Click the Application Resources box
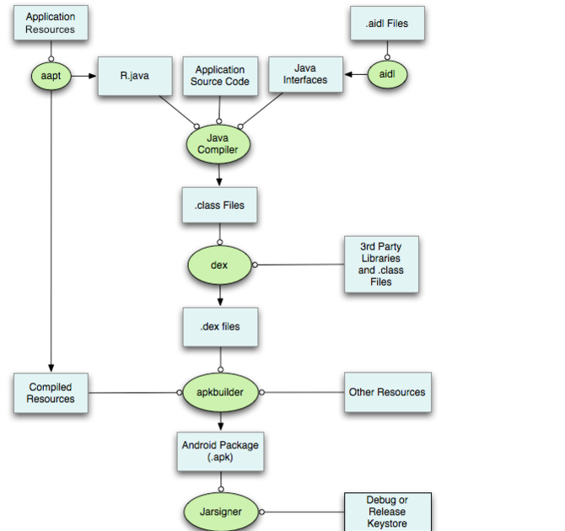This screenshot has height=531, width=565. pos(50,23)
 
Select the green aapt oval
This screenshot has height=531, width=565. pos(51,75)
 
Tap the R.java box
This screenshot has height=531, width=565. pos(135,76)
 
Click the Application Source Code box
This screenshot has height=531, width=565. pos(219,76)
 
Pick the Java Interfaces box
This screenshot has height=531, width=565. pos(305,75)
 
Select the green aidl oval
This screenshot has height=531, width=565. pos(387,75)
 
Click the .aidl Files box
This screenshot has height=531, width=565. pos(387,24)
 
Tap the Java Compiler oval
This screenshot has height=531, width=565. pos(218,143)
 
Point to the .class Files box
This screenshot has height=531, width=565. pos(219,205)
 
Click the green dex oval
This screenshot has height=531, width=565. pos(219,265)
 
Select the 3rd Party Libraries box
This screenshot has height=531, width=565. pos(380,265)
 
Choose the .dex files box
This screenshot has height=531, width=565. pos(219,326)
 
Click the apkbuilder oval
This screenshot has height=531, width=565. pos(219,393)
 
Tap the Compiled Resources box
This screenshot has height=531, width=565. pos(51,393)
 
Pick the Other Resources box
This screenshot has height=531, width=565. pos(388,392)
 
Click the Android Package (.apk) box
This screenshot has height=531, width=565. pos(220,451)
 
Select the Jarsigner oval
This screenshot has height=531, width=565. pos(219,512)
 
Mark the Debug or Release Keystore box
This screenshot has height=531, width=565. pos(387,512)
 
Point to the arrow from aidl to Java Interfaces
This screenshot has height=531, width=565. pos(356,75)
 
